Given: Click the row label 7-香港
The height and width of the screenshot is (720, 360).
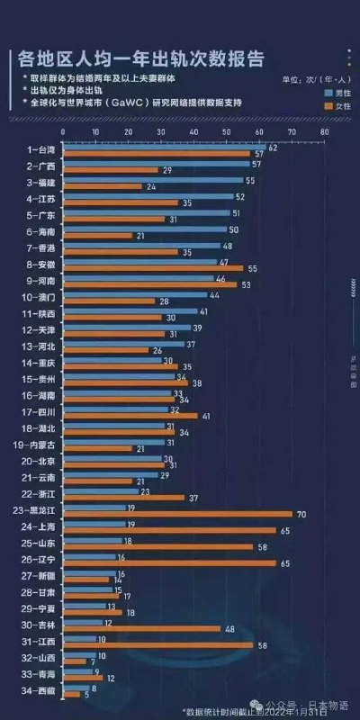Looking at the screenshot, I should pos(41,247).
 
